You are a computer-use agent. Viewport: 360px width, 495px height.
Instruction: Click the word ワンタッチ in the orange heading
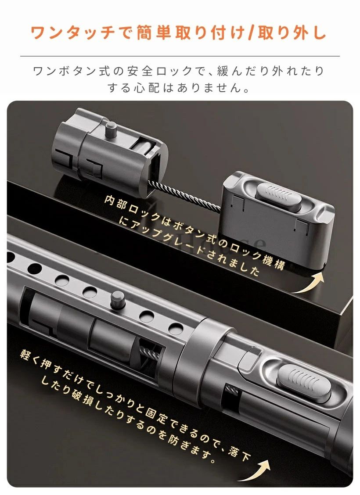[72, 33]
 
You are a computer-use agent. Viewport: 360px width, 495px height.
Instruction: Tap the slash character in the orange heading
[252, 33]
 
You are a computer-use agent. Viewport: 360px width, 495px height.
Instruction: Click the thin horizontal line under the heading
[180, 56]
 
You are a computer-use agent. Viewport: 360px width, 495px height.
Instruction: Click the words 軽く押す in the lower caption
[44, 362]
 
